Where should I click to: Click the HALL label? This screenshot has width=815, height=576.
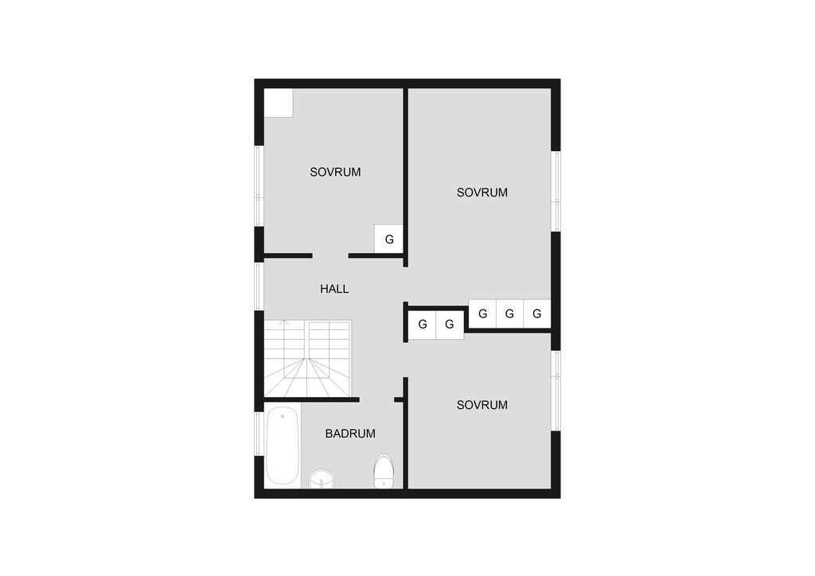(334, 289)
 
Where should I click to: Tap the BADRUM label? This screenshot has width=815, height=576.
(350, 434)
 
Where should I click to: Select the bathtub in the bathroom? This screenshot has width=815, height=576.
(283, 446)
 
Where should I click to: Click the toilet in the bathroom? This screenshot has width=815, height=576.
(384, 471)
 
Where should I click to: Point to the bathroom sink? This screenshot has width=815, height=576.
(322, 479)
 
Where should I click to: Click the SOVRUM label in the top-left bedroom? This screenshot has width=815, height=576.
(335, 172)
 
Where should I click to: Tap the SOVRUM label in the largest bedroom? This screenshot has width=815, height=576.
(482, 193)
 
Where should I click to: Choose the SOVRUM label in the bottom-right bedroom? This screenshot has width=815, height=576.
(482, 405)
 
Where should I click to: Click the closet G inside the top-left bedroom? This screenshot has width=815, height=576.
(389, 239)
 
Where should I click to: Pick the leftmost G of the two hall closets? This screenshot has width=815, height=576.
(423, 325)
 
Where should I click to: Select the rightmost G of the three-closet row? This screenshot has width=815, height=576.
(537, 313)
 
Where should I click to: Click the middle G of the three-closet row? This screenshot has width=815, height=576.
(509, 313)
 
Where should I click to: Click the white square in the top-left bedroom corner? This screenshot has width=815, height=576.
(279, 103)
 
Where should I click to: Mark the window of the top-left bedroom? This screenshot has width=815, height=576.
(259, 186)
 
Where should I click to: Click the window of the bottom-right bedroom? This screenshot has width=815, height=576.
(556, 391)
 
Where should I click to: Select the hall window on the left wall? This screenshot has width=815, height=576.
(259, 286)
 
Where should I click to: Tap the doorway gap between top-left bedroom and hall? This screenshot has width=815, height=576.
(330, 255)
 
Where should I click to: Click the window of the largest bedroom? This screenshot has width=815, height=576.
(556, 191)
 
